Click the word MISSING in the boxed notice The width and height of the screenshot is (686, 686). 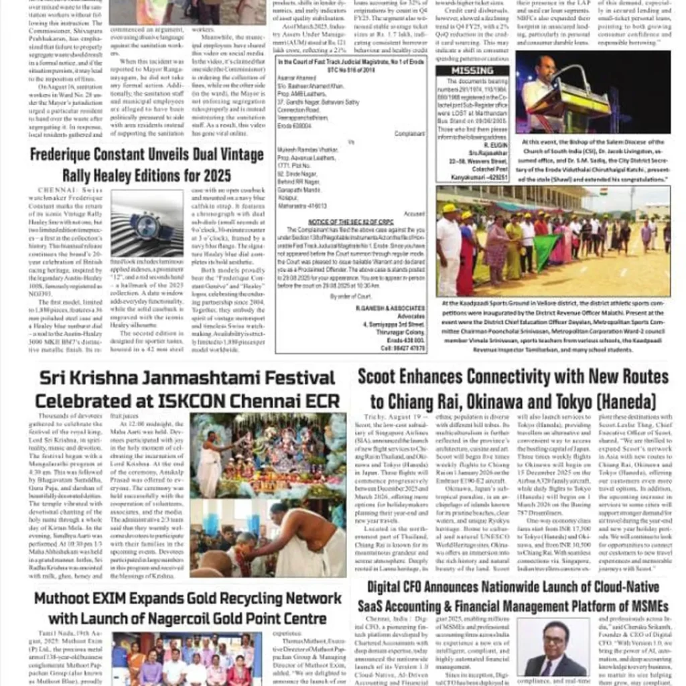472,71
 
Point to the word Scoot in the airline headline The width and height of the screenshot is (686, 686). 378,376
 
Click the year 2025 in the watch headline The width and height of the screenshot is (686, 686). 214,176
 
